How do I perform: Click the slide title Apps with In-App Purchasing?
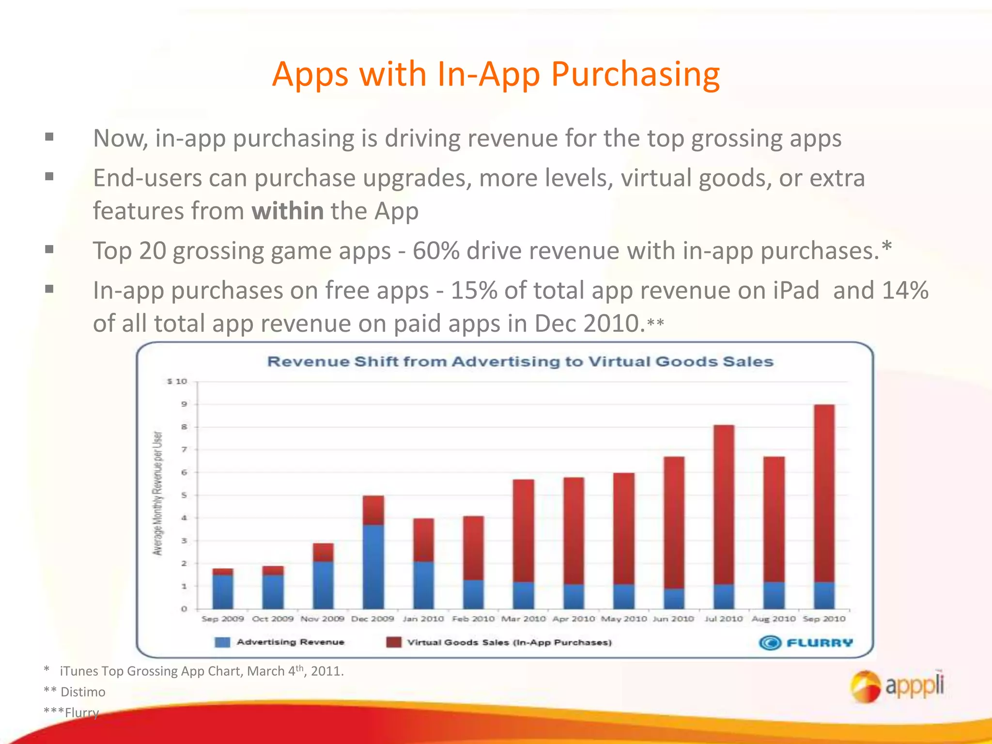coord(496,75)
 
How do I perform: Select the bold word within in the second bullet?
coord(288,211)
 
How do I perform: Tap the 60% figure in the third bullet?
coord(435,251)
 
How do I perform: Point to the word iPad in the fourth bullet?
coord(795,291)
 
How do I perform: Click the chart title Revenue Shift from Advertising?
coord(520,362)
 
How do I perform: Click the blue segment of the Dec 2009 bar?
coord(373,567)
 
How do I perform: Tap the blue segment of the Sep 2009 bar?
coord(223,592)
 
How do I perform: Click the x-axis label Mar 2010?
coord(523,619)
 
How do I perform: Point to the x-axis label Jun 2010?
coord(673,619)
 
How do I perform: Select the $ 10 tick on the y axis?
coord(177,382)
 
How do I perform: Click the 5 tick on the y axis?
coord(184,496)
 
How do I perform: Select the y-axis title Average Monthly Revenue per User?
coord(157,493)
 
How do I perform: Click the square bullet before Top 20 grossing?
coord(49,250)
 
